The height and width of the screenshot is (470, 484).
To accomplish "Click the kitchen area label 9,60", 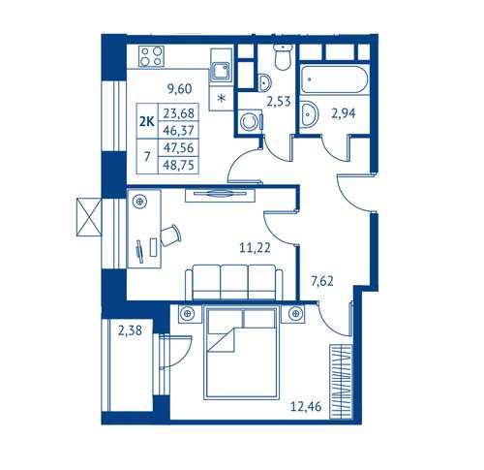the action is click(x=180, y=88).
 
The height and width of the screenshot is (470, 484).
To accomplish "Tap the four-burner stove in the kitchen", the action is click(x=151, y=56).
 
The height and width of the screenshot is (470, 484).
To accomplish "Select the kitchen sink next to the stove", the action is click(x=221, y=71).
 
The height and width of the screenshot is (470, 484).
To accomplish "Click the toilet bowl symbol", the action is click(x=283, y=57).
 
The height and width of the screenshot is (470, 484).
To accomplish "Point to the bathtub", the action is click(x=335, y=79).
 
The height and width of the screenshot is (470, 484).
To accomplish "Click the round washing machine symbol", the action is click(x=249, y=122).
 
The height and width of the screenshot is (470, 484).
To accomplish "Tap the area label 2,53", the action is click(x=279, y=102).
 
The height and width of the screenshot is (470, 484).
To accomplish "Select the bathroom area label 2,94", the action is click(x=344, y=113).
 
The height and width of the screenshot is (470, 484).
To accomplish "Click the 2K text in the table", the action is click(x=147, y=122).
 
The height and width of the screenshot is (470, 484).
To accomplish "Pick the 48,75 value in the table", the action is click(x=178, y=166).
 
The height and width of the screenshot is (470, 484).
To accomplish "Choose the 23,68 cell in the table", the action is click(x=178, y=113).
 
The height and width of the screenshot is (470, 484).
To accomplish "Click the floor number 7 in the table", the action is click(x=147, y=157).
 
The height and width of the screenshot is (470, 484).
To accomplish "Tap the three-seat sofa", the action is click(x=234, y=282).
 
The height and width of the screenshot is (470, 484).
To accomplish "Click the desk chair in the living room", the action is click(x=170, y=235).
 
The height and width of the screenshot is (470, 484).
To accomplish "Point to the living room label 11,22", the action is click(x=255, y=248).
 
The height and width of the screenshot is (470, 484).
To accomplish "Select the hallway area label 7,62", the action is click(x=322, y=281).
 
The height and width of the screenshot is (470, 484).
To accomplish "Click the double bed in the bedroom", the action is click(x=241, y=353).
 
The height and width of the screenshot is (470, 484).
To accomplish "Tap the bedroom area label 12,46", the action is click(x=306, y=406).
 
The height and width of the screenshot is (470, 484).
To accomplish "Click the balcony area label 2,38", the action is click(x=130, y=330).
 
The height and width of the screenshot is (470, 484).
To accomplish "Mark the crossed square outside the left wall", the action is click(x=89, y=217).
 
